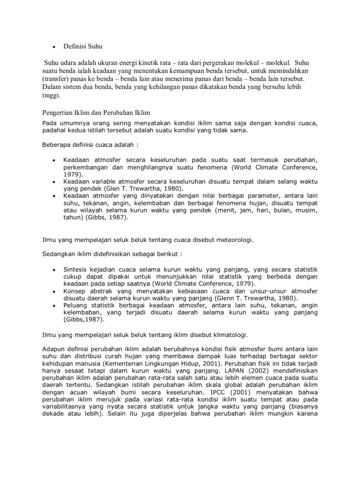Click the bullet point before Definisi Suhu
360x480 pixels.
tap(54, 47)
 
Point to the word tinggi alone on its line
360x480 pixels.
tap(51, 95)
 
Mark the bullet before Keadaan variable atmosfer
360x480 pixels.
tap(54, 180)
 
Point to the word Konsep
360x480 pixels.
tap(75, 291)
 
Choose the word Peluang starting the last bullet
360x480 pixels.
tap(76, 306)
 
